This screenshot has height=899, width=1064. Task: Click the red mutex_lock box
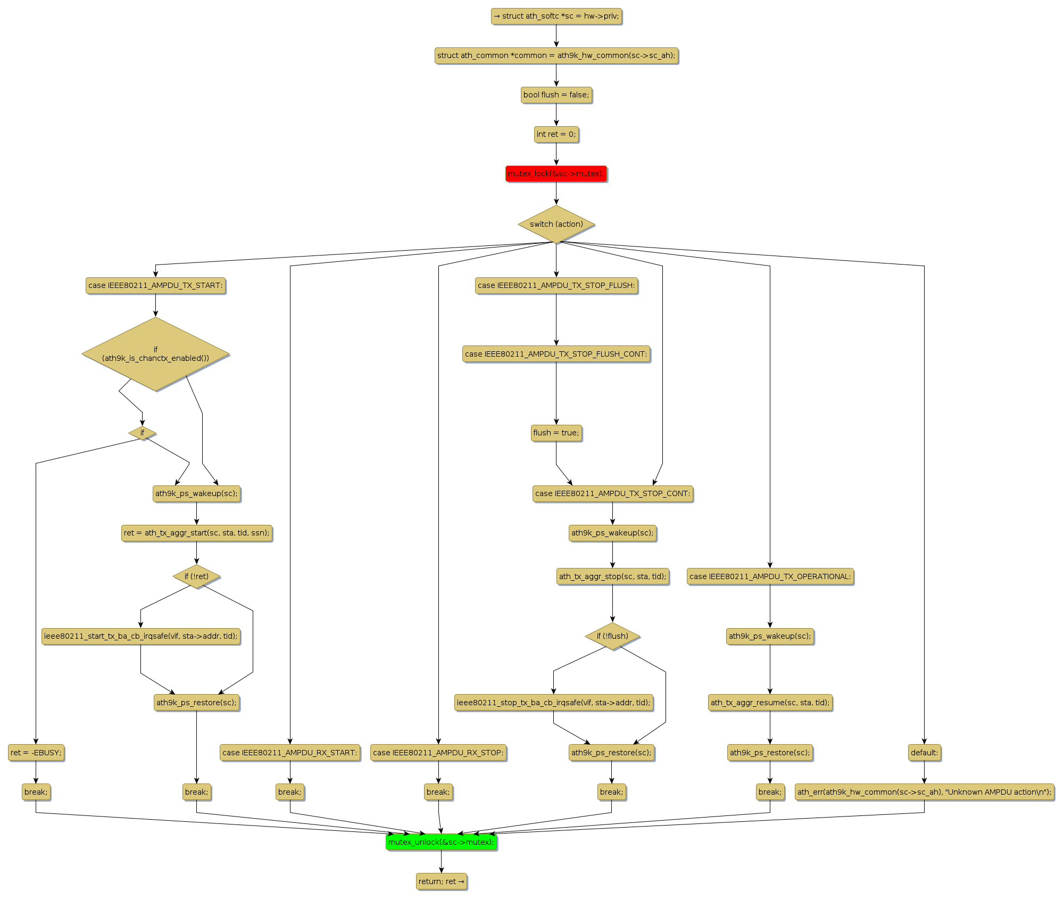pos(556,174)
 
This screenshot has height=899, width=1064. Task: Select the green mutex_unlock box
pos(441,842)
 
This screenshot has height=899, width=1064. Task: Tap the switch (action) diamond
pos(556,224)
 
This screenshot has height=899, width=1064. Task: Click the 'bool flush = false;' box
pos(556,95)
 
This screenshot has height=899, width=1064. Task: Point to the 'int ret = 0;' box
pos(556,134)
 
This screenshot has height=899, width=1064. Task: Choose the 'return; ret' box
pos(441,881)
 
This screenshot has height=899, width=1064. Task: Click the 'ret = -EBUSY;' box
pos(36,753)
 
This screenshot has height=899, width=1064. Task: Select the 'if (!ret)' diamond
pos(196,576)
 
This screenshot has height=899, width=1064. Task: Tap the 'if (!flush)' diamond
pos(612,636)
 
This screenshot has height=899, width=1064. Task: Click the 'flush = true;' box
pos(556,433)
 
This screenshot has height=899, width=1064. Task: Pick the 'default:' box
pos(924,753)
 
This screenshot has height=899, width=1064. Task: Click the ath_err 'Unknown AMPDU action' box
pos(924,792)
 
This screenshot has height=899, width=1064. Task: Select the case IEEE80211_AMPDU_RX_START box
pos(290,753)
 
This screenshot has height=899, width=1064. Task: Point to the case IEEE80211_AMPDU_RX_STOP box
pos(438,753)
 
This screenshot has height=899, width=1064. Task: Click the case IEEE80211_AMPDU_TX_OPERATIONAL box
pos(770,576)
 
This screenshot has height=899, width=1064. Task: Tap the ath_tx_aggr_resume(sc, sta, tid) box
pos(770,703)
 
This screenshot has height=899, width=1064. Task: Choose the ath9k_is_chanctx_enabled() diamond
pos(155,354)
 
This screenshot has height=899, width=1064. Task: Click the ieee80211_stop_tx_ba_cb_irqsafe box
pos(553,703)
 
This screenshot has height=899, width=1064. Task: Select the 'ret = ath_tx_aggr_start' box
pos(196,533)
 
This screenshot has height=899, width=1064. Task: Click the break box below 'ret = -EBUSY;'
pos(36,792)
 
